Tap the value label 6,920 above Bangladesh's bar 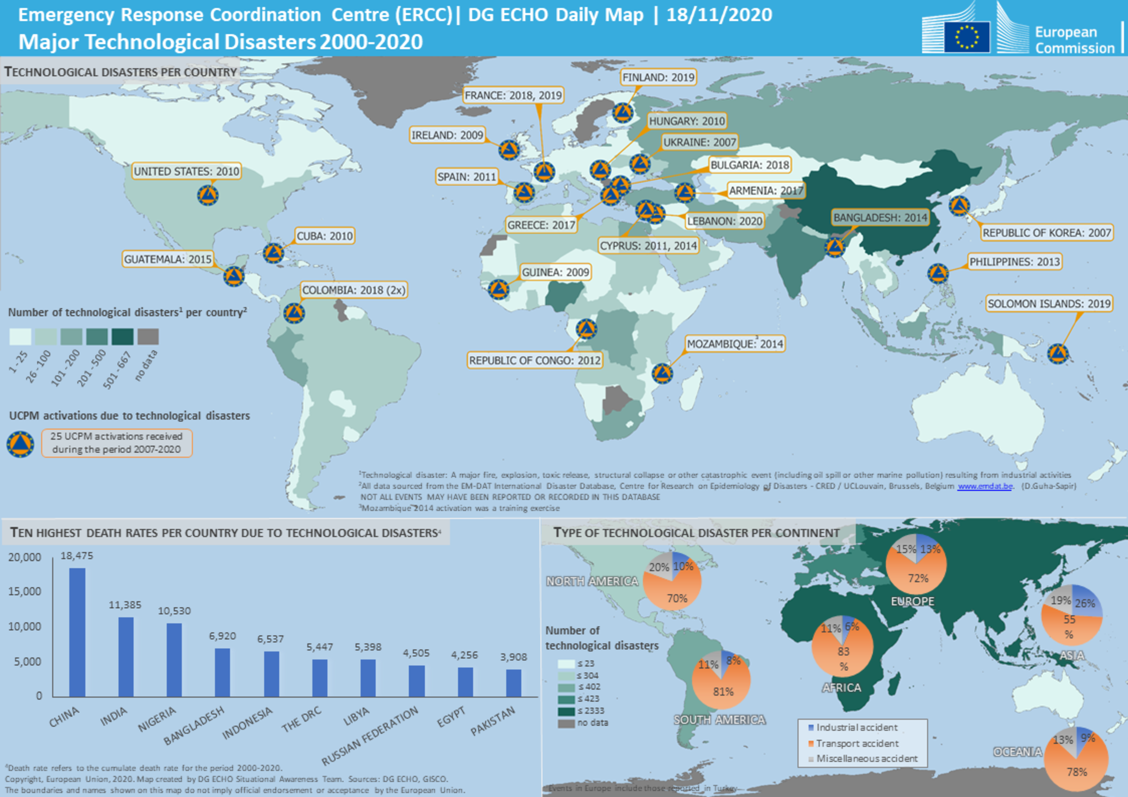tap(222, 636)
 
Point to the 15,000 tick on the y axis tap(25, 591)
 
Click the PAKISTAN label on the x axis tap(492, 721)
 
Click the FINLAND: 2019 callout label tap(658, 77)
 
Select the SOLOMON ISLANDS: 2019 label tap(1049, 304)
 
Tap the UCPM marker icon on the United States tap(208, 195)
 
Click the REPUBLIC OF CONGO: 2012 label tap(534, 361)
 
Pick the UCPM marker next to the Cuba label tap(273, 253)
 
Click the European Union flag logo tap(967, 37)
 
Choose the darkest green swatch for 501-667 tap(122, 337)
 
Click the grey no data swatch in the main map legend tap(148, 337)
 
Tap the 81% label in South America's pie tap(723, 691)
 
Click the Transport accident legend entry tap(857, 743)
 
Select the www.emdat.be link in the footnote tap(984, 486)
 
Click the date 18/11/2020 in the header tap(719, 15)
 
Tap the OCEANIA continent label tap(1017, 752)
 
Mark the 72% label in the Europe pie tap(918, 578)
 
